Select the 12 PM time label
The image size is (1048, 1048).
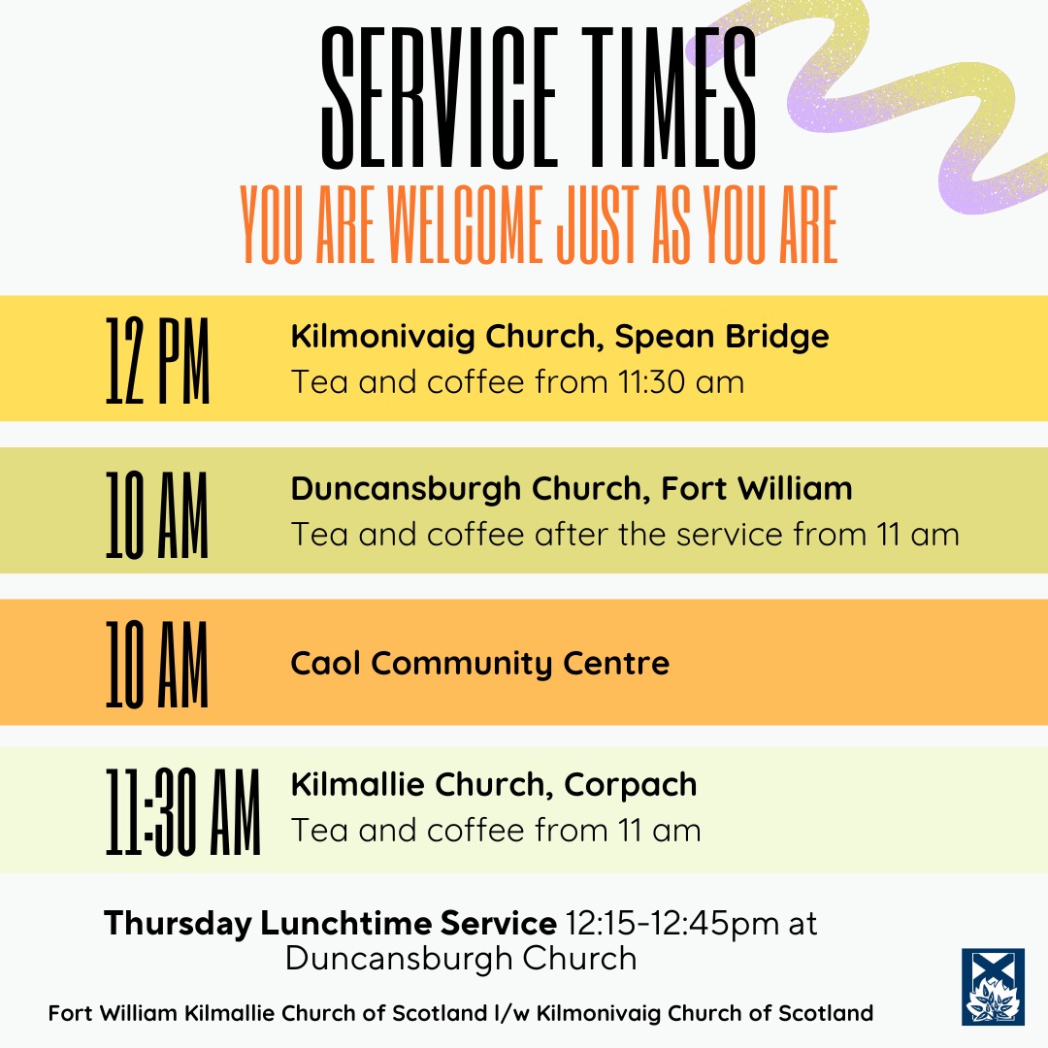pyautogui.click(x=157, y=359)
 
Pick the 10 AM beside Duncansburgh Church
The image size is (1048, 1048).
pyautogui.click(x=157, y=511)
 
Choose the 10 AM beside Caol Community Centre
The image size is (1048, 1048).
pyautogui.click(x=157, y=664)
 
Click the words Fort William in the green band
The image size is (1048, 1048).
pyautogui.click(x=757, y=488)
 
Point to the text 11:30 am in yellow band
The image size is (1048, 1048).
pyautogui.click(x=680, y=381)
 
